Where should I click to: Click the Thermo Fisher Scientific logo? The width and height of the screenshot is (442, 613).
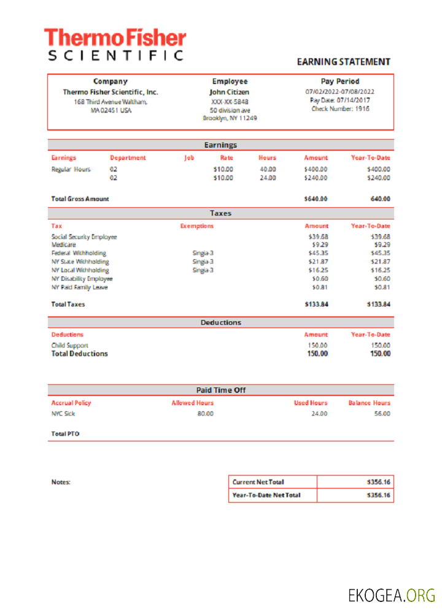pos(115,44)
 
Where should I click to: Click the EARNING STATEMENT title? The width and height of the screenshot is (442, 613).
pos(343,62)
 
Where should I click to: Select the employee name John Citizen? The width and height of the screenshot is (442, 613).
pos(230,92)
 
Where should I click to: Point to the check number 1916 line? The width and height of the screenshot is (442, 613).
pos(340,109)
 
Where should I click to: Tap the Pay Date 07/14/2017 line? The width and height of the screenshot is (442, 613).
pos(340,100)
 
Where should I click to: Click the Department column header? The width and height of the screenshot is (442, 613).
pos(128,158)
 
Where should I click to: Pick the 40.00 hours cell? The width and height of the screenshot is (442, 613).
pos(268,169)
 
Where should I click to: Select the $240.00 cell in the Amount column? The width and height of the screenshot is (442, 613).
pos(316,178)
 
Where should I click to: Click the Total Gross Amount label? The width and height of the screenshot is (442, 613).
pos(80,199)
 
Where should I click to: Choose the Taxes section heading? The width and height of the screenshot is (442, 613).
pos(221,213)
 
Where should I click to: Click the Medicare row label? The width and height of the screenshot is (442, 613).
pos(63,245)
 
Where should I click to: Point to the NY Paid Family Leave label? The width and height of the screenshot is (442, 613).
pos(79,287)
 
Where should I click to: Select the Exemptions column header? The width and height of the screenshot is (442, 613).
pos(197,226)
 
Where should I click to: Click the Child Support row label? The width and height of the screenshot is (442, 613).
pos(70,345)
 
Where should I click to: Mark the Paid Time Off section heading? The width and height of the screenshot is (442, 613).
pos(221,390)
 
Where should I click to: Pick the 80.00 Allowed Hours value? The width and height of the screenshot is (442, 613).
pos(205,414)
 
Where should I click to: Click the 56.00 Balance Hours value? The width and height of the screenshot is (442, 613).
pos(381,414)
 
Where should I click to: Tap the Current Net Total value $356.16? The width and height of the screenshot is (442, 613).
pos(378,482)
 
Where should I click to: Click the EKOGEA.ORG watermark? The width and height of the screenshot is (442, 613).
pos(392,595)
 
